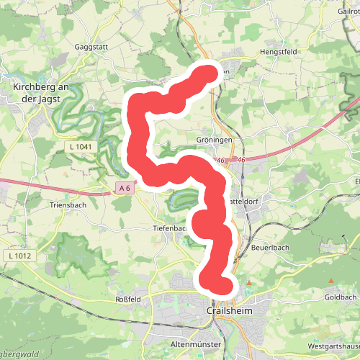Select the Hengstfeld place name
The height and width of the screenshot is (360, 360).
pos(277,52)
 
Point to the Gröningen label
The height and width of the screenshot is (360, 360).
pos(212,140)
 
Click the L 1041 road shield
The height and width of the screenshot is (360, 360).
pos(81,147)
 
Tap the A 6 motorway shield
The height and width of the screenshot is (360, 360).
pos(125,188)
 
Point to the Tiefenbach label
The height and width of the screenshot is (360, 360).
pos(169,228)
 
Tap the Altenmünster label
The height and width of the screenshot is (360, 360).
pos(195,344)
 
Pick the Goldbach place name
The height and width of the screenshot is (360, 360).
pos(341,297)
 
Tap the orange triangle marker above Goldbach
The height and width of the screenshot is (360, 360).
pos(331,281)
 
